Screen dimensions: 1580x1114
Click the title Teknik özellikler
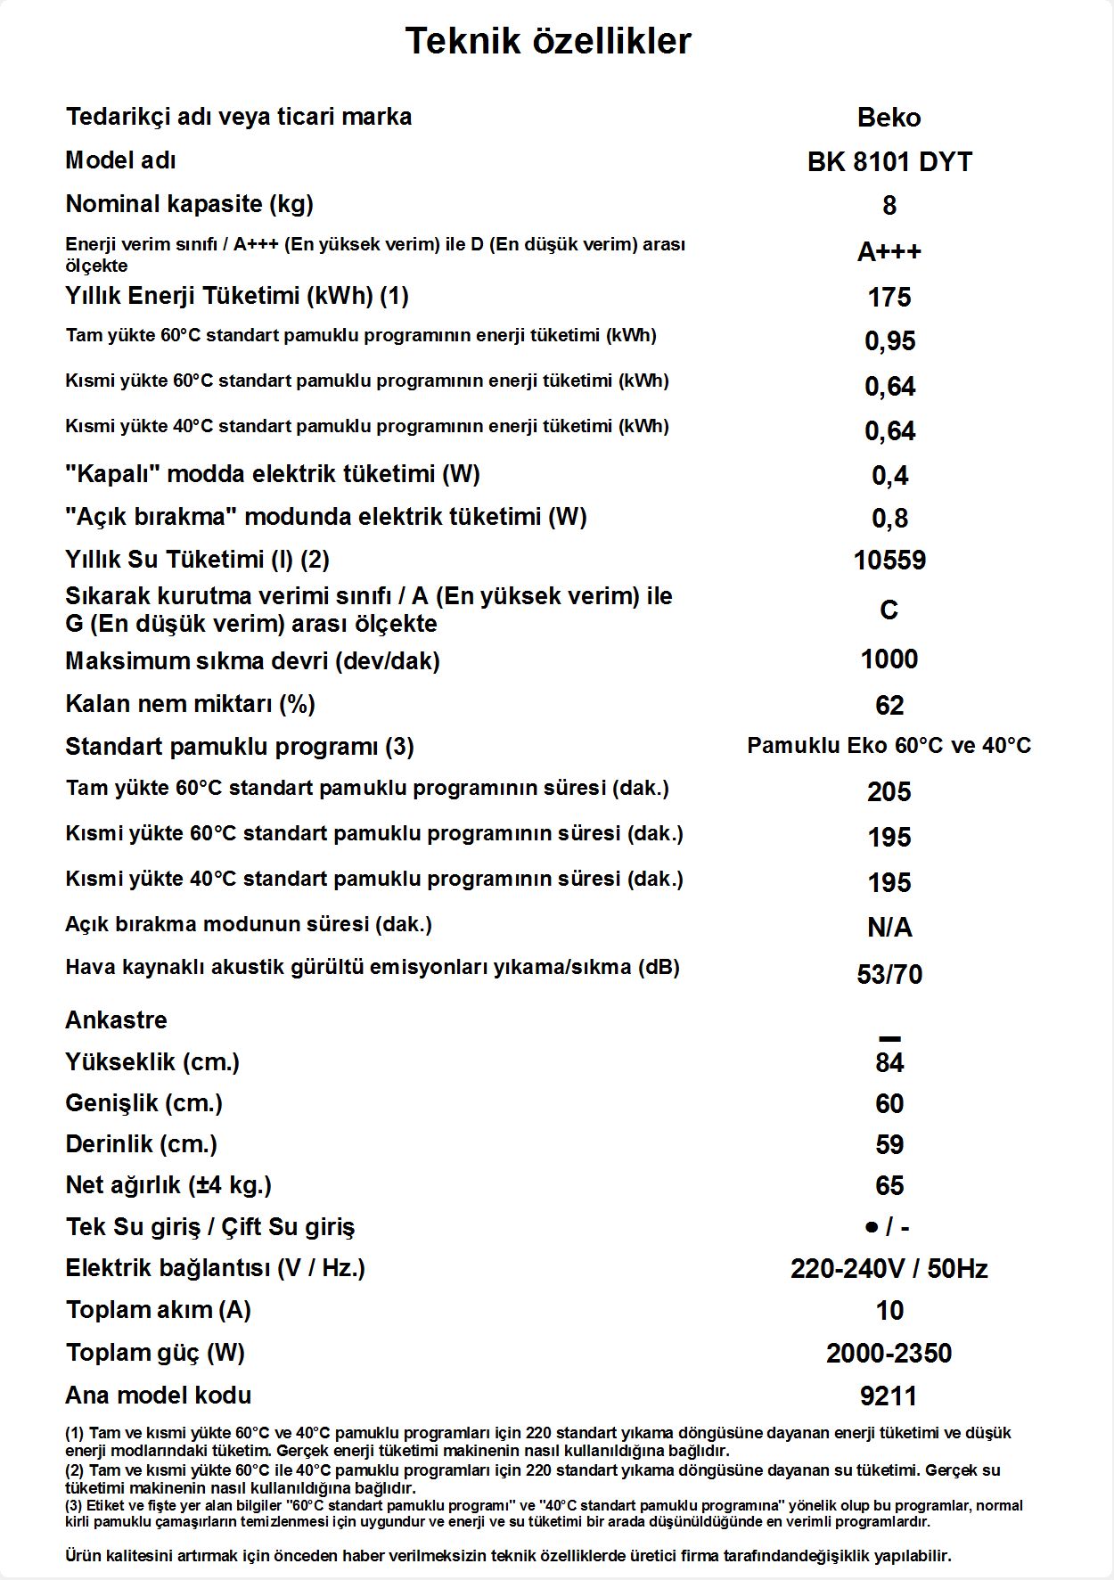[x=548, y=41]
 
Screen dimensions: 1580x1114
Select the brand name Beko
[x=889, y=118]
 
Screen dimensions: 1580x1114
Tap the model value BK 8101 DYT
[x=889, y=162]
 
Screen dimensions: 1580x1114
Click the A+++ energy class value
[x=889, y=252]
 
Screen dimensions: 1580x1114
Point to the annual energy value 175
[x=889, y=297]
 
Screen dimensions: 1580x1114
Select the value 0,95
[x=889, y=341]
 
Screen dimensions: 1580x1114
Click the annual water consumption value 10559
[x=889, y=561]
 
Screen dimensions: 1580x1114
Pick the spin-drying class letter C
[x=889, y=610]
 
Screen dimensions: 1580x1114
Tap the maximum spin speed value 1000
[x=889, y=659]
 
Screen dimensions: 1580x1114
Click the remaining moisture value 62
[x=889, y=706]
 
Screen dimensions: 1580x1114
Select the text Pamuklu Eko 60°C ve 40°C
[x=889, y=746]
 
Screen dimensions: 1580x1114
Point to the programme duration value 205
[x=889, y=792]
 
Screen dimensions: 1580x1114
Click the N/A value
[x=889, y=929]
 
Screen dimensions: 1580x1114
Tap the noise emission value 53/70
[x=889, y=975]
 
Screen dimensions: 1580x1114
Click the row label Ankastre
[x=116, y=1020]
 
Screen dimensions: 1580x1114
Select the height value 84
[x=889, y=1063]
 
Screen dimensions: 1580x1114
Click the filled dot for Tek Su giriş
[x=872, y=1228]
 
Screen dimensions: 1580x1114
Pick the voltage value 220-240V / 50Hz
[x=889, y=1269]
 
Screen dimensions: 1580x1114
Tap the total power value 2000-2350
[x=889, y=1354]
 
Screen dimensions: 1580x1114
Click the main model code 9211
[x=889, y=1396]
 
